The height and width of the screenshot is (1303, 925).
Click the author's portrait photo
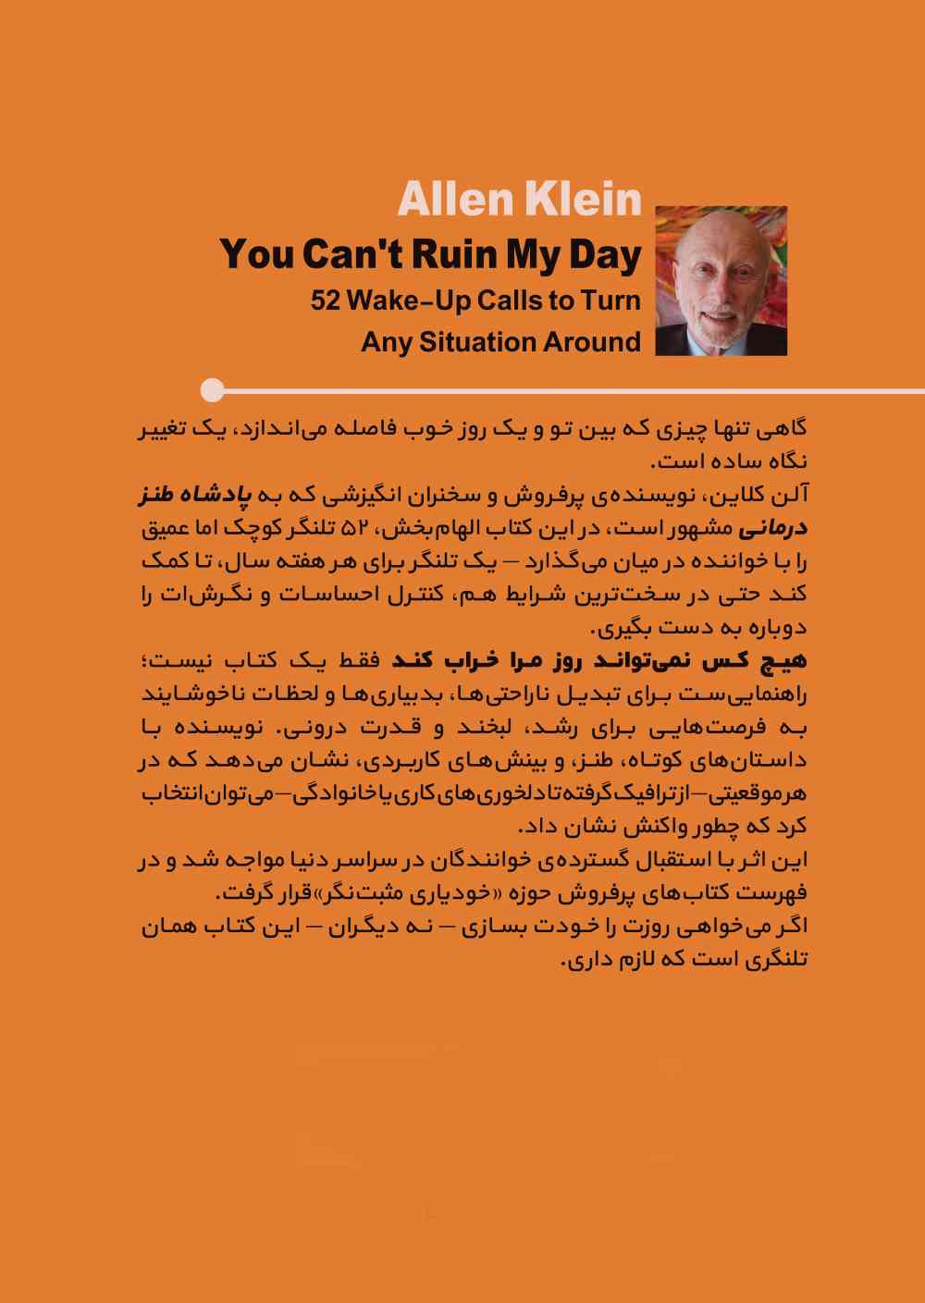click(x=721, y=281)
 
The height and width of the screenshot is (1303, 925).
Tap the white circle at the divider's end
click(x=212, y=390)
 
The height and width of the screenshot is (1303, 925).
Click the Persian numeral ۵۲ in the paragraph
click(x=355, y=529)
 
